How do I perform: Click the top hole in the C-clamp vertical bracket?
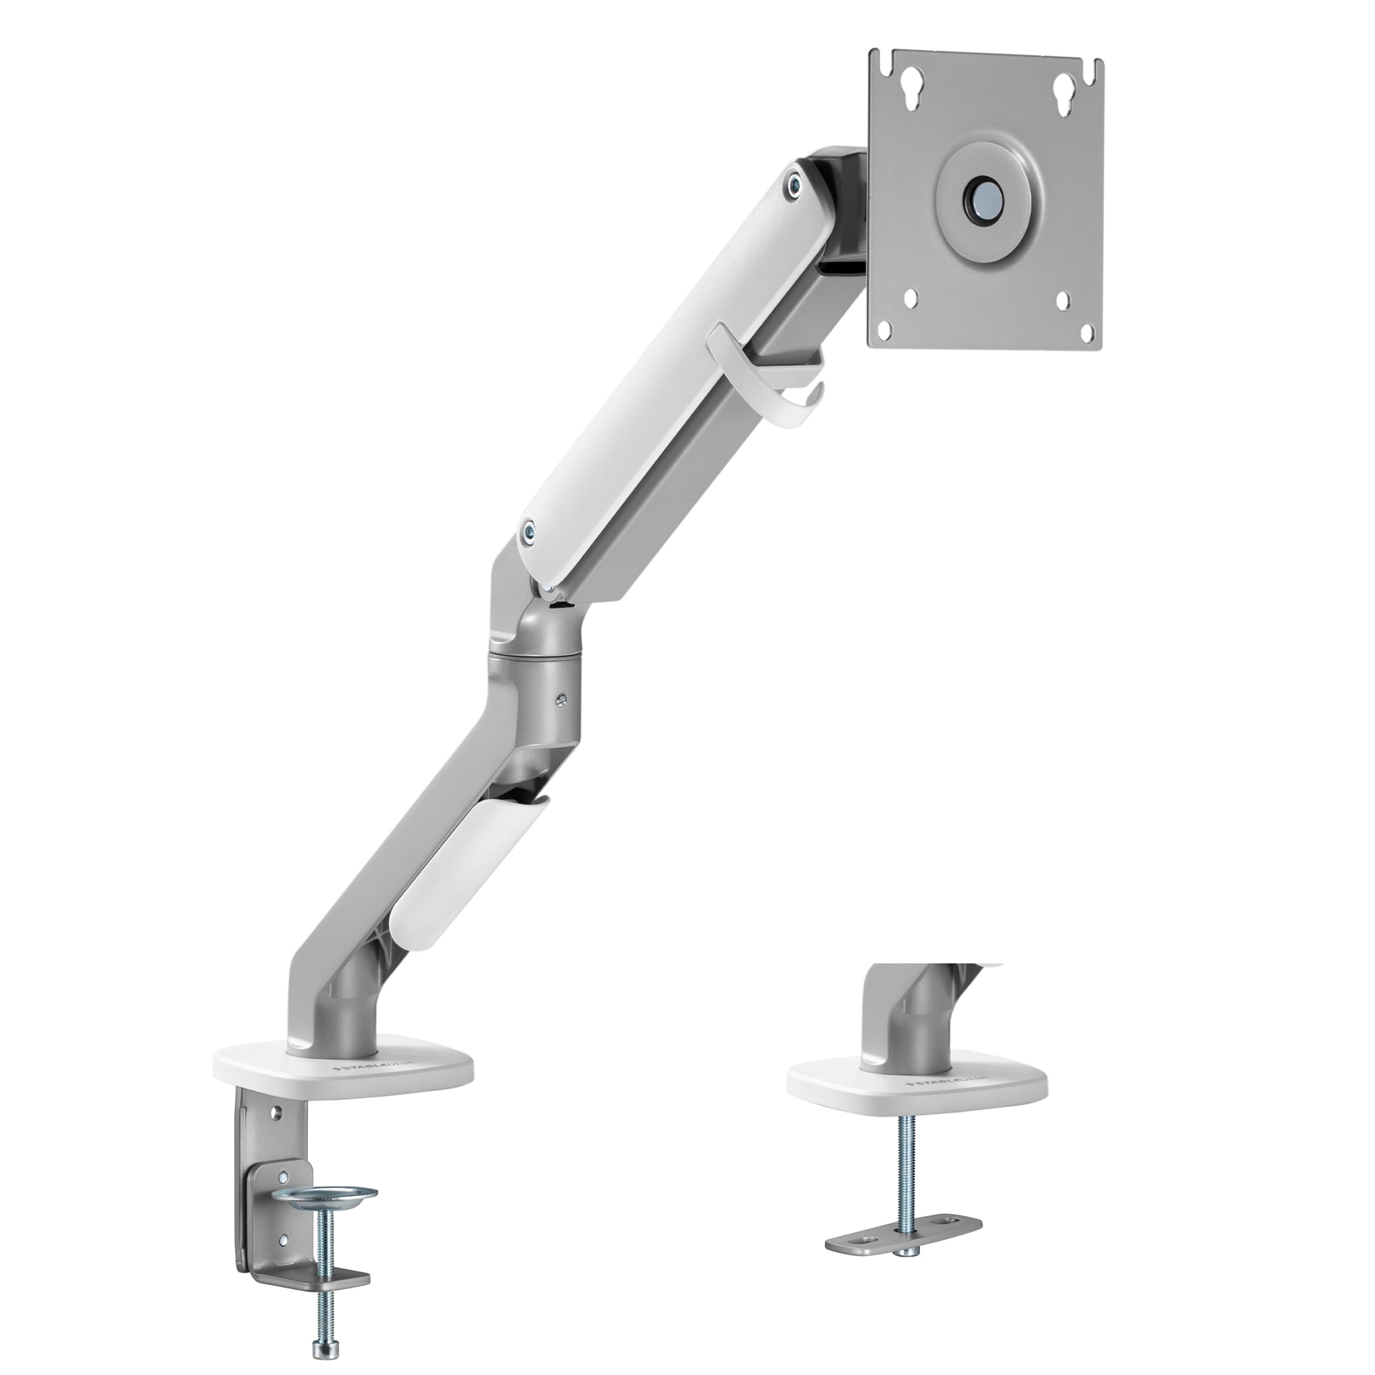(278, 1110)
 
